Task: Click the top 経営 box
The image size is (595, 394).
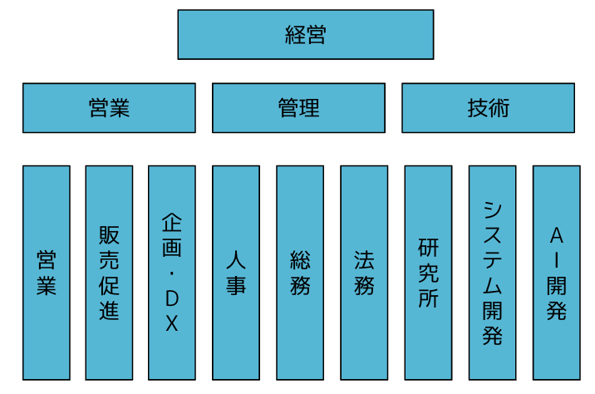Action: (x=306, y=35)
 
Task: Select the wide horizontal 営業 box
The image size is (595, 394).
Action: (x=110, y=108)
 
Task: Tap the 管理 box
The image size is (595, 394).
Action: (x=298, y=108)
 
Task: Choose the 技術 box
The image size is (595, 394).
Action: (x=488, y=108)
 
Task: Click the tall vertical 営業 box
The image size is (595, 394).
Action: (x=47, y=273)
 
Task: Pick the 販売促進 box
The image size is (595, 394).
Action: (x=110, y=273)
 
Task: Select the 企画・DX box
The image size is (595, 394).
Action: (x=172, y=273)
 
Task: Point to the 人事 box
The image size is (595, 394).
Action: (x=236, y=273)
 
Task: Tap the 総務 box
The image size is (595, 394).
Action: (x=300, y=273)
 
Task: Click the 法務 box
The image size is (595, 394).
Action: (x=364, y=273)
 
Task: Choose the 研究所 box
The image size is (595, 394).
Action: (x=429, y=273)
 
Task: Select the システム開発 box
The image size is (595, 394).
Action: (x=493, y=273)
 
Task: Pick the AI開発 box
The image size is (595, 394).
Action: (x=557, y=273)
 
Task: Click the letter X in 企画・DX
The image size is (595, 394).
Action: (x=172, y=324)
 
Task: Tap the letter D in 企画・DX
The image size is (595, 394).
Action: (x=172, y=298)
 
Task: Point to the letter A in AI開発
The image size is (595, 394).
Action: (x=557, y=235)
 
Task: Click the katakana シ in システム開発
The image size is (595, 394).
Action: (x=493, y=210)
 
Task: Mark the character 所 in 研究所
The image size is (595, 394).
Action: (x=429, y=298)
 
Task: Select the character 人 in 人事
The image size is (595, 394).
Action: (x=236, y=259)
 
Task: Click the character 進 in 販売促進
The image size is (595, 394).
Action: (x=110, y=310)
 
